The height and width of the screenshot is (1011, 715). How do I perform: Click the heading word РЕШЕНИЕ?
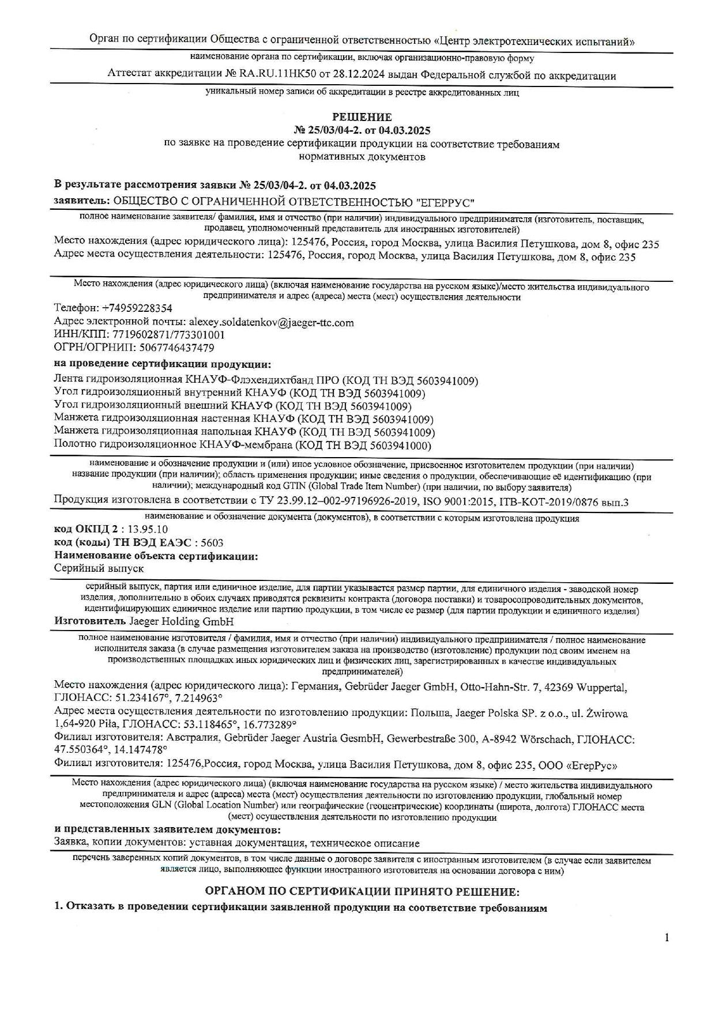click(x=362, y=118)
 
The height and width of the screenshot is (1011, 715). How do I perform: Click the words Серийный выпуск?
click(x=99, y=568)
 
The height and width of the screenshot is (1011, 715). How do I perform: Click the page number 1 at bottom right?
click(x=667, y=938)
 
